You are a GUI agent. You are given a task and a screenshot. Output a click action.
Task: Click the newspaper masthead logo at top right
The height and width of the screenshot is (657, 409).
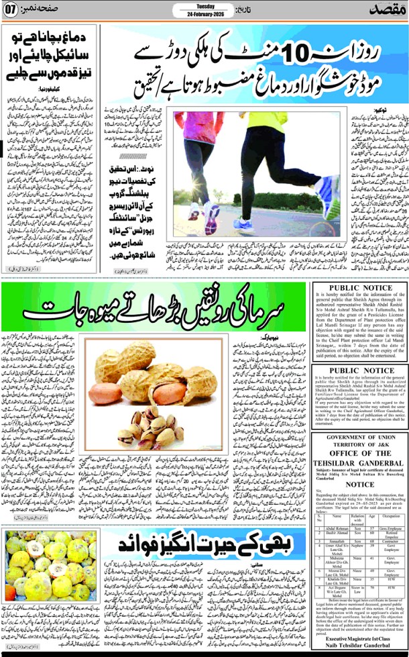(388, 11)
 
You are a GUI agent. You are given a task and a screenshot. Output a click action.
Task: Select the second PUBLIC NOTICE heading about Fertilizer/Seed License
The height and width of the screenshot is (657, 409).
(359, 370)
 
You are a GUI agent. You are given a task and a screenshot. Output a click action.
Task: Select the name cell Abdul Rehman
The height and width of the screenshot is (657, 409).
(339, 529)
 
